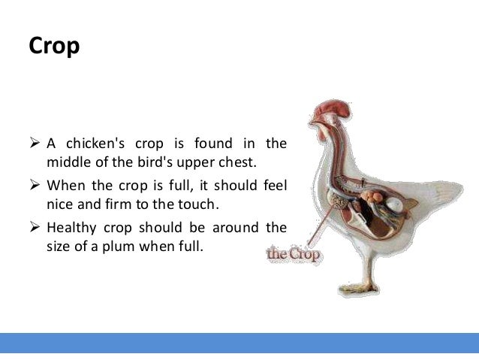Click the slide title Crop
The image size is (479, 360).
[x=54, y=47]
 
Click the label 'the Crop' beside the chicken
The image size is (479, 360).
[x=294, y=255]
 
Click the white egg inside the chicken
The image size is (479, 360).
[x=395, y=201]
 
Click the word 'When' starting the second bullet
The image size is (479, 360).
[x=65, y=185]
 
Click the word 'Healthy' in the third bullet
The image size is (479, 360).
[x=71, y=227]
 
